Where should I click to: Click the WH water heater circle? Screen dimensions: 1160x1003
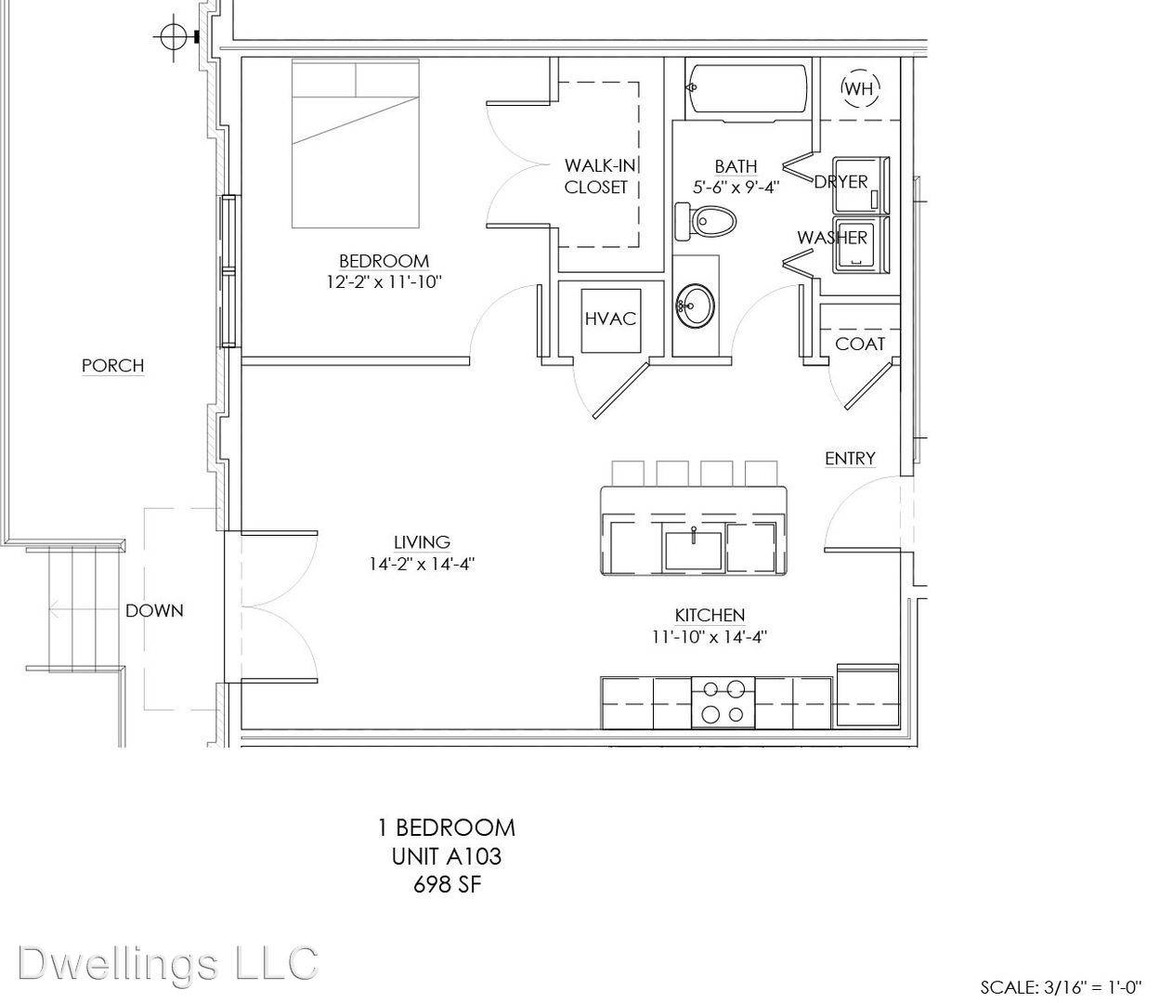(860, 88)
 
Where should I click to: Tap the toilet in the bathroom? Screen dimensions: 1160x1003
(706, 221)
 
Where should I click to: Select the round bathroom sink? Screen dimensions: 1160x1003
(696, 306)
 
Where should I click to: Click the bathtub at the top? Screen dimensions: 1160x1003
(748, 92)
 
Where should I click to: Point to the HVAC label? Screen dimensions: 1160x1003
(610, 319)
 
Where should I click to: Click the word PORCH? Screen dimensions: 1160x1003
(112, 366)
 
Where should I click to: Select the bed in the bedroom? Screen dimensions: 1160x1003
(355, 143)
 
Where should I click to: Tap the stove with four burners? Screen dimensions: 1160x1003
(723, 702)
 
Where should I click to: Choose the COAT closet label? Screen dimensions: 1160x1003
(860, 344)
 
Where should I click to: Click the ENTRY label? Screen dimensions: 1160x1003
(850, 459)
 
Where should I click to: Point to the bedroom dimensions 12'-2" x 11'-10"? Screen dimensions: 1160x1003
(384, 281)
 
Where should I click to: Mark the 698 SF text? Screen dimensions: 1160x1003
(448, 885)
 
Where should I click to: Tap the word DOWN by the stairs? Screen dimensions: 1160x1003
(154, 611)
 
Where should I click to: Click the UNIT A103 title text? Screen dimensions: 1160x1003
(447, 856)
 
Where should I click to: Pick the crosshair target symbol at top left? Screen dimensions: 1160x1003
(174, 37)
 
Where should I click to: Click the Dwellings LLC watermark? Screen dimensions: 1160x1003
(168, 963)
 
